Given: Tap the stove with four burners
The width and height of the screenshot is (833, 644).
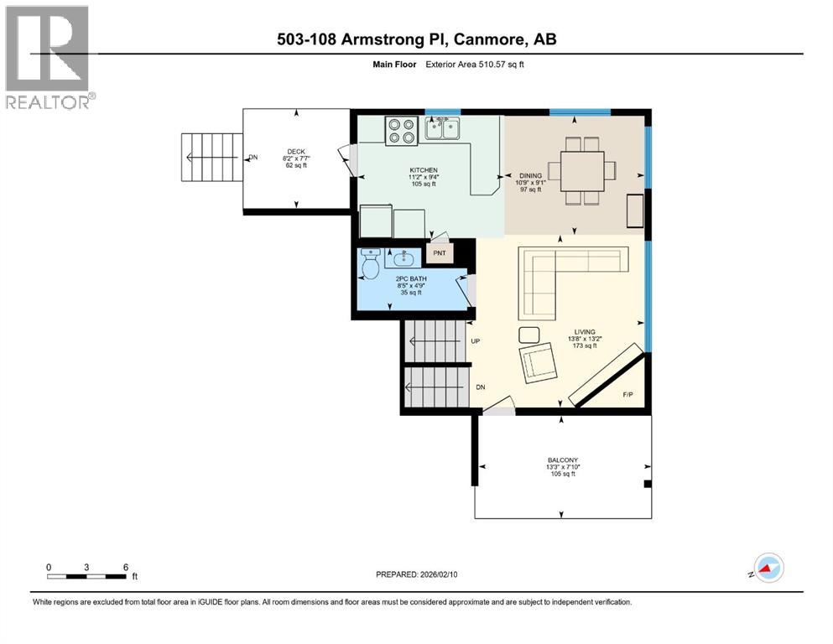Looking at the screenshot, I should point(401,131).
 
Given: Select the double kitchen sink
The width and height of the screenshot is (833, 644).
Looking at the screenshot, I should point(442,129).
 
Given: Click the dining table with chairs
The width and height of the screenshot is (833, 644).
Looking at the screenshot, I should point(582,170).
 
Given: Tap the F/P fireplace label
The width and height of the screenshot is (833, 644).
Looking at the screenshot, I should point(627,394).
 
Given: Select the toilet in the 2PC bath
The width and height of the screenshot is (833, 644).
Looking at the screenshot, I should point(369,266).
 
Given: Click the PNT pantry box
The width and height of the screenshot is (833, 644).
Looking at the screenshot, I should point(439,252).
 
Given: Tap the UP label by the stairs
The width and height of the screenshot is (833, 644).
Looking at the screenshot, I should point(475,342).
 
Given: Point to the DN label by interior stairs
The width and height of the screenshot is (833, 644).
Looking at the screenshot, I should point(481,387).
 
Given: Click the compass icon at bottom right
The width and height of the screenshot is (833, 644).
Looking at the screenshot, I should point(767,569).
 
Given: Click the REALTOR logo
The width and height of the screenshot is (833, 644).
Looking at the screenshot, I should point(49,57).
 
